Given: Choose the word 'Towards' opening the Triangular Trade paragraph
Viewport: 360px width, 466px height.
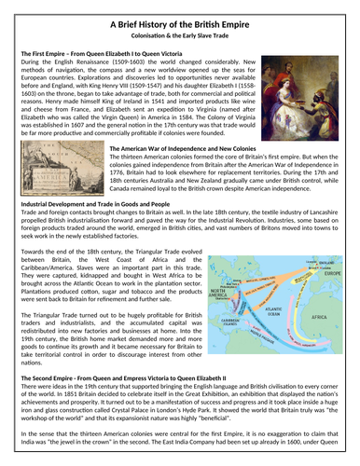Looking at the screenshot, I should point(34,252).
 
